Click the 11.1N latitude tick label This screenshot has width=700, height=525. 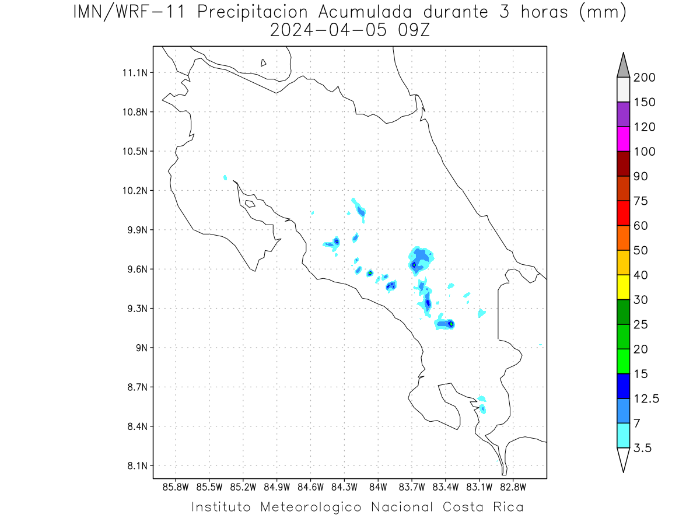pos(135,73)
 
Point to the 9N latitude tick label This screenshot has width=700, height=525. pos(142,348)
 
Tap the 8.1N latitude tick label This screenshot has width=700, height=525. pos(138,466)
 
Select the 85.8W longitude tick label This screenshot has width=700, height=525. pos(176,488)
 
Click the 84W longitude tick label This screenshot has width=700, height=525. pos(378,488)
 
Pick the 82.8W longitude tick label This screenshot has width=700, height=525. pos(513,488)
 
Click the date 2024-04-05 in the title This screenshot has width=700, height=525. pos(328,30)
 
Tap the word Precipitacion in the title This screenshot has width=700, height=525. pos(252,12)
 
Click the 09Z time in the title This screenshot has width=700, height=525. pos(414,30)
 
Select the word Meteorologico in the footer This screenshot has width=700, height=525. pos(310,507)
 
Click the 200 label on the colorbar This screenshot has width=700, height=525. pos(644,78)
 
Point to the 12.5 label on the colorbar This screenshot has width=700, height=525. pos(646,399)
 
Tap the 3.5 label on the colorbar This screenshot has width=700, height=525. pos(642,448)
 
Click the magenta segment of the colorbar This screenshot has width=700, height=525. pos(623,139)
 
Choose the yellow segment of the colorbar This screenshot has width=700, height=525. pos(623,287)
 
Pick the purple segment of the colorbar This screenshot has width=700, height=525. pos(623,114)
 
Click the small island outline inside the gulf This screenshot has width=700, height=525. pos(250,204)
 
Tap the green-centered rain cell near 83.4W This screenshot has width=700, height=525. pos(451,324)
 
